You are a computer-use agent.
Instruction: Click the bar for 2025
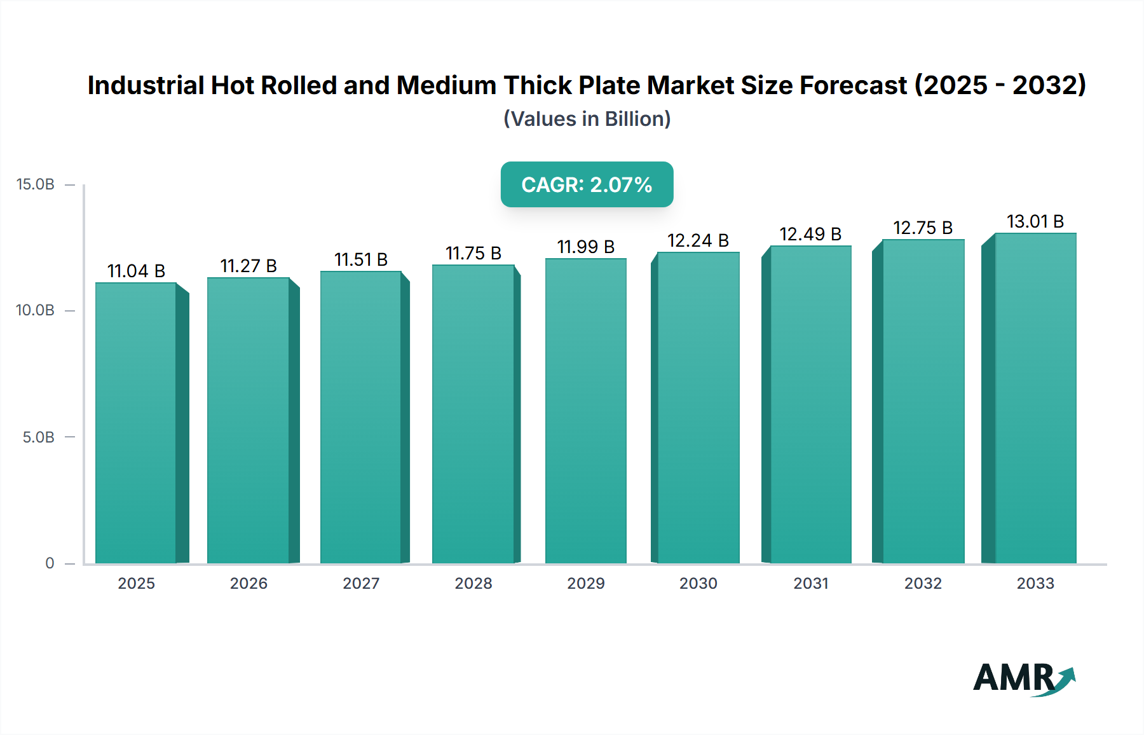coord(136,423)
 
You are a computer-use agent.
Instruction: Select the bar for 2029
coord(585,411)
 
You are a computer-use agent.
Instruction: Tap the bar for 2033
coord(1035,398)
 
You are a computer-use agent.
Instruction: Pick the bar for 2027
coord(361,417)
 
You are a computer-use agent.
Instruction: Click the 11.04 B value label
coord(136,271)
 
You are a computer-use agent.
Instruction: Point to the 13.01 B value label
coord(1035,222)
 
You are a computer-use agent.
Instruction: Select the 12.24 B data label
coord(698,241)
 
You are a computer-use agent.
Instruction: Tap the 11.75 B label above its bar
coord(473,254)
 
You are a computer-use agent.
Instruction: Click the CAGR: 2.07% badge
coord(587,184)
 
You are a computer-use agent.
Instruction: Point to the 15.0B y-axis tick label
coord(36,184)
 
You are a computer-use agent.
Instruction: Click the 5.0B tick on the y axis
coord(38,437)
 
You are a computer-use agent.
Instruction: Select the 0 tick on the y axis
coord(50,563)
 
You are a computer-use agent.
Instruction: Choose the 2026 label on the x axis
coord(249,584)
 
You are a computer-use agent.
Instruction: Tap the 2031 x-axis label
coord(811,584)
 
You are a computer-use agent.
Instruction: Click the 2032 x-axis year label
coord(923,584)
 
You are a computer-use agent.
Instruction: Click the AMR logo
coord(1023,678)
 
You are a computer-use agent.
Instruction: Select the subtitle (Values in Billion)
coord(587,119)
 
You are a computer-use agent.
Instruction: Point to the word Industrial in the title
coord(146,85)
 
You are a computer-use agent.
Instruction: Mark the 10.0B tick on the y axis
coord(36,310)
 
